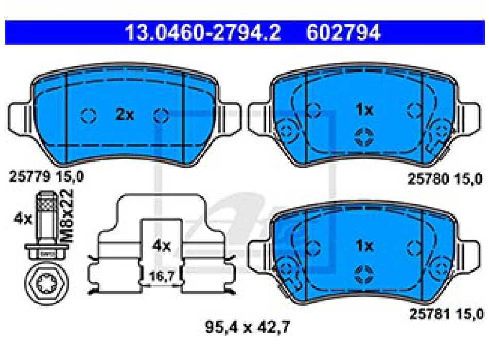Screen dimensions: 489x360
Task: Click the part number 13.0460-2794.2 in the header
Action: (203, 32)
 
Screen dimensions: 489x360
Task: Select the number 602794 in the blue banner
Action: (343, 32)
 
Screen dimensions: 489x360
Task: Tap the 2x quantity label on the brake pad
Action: (125, 115)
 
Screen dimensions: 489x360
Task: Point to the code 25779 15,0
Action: (46, 177)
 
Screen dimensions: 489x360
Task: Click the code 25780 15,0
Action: (445, 179)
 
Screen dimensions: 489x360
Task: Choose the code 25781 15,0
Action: (446, 314)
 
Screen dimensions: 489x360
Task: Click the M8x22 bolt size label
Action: (67, 216)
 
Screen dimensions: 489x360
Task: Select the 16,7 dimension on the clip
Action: (161, 276)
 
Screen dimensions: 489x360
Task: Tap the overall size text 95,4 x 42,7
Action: (247, 327)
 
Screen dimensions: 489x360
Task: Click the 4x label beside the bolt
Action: (23, 219)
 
